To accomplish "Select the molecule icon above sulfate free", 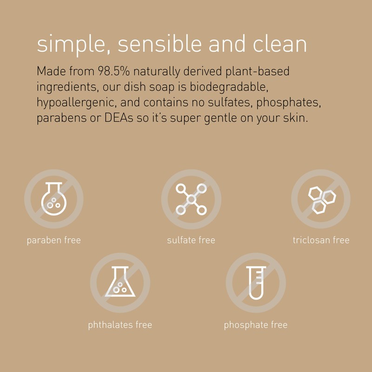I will (x=191, y=199).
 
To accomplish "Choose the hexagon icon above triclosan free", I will (x=321, y=199).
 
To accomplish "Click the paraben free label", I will (x=54, y=240).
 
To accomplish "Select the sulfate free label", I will (x=191, y=240).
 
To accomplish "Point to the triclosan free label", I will (x=321, y=240).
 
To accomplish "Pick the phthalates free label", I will (x=120, y=325).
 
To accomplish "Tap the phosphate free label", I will (x=256, y=325).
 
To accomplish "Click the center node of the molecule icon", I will (x=191, y=199).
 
